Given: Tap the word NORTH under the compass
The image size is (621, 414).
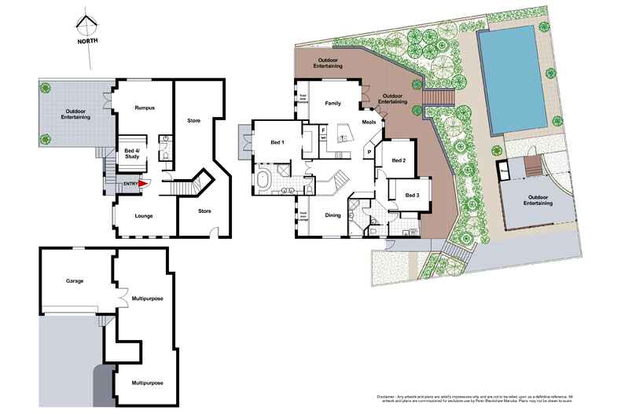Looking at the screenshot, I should [x=87, y=43].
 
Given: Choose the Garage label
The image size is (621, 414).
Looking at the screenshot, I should [x=75, y=280].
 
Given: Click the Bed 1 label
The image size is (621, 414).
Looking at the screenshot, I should [x=277, y=141].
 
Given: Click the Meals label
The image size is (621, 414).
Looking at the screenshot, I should [x=369, y=123].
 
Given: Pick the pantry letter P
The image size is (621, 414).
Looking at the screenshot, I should [x=368, y=150].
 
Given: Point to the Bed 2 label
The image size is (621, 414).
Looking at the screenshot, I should [x=399, y=160].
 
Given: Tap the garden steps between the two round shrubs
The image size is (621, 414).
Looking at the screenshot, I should [x=439, y=97].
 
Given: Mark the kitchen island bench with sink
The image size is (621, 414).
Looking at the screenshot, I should [x=344, y=130].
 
